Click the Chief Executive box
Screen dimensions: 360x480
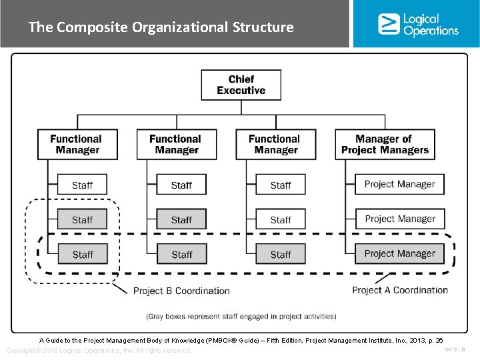[x=241, y=85]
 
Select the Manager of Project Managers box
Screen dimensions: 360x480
[x=385, y=144]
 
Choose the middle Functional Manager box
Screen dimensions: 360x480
[x=177, y=144]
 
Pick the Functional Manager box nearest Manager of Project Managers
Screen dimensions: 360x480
[x=275, y=144]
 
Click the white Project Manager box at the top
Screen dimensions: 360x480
[x=399, y=184]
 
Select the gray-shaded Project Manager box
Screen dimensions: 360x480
[x=399, y=253]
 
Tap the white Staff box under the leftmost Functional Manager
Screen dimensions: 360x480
[x=82, y=185]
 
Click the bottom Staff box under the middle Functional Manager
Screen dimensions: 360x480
[x=181, y=254]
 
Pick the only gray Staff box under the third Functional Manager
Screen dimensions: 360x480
[x=281, y=254]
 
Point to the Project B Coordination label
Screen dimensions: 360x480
[x=181, y=291]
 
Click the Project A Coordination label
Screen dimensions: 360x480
[x=400, y=290]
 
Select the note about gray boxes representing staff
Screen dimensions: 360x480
[x=241, y=316]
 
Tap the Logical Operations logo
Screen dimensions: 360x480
[x=418, y=24]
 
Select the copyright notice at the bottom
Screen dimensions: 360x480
[x=98, y=351]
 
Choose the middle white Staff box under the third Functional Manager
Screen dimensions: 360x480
[x=281, y=219]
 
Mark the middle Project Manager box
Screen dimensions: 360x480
[x=399, y=219]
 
